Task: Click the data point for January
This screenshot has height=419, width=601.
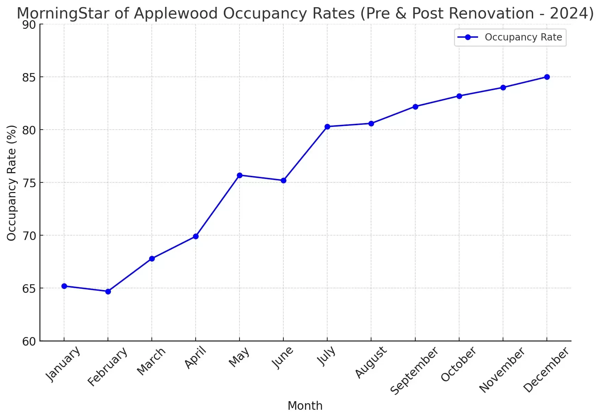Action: (x=64, y=286)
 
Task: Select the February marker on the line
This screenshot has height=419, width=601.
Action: (x=108, y=291)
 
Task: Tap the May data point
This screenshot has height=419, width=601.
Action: (x=240, y=175)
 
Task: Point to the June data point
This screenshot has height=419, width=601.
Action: (x=283, y=180)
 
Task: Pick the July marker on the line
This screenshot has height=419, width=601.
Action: (x=327, y=127)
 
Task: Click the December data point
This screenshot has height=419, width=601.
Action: (x=547, y=77)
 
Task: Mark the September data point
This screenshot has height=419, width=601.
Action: (x=415, y=107)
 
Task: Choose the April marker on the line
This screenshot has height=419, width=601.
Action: (x=196, y=236)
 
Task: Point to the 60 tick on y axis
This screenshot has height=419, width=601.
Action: (x=29, y=342)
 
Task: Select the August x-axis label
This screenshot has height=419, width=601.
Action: (x=371, y=362)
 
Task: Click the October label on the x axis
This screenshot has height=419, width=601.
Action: (x=458, y=364)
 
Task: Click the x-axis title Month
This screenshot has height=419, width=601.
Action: (x=305, y=406)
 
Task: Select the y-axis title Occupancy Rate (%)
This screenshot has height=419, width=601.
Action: (x=12, y=183)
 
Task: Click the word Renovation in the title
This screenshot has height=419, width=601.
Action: (x=490, y=14)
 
